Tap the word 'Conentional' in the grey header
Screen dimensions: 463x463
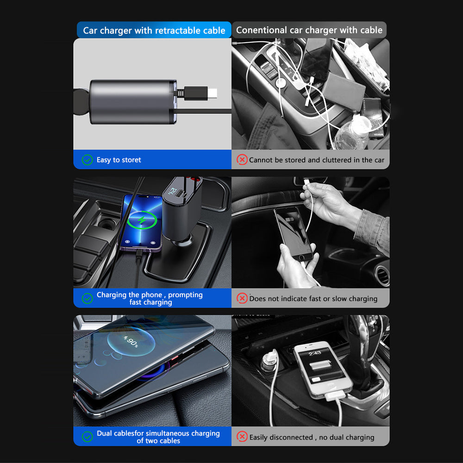261,30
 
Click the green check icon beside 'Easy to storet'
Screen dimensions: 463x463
87,160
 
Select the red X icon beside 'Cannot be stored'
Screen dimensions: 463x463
242,160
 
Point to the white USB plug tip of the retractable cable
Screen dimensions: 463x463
213,94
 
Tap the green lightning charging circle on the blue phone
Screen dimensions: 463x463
142,220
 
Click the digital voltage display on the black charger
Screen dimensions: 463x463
172,191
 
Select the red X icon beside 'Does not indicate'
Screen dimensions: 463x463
242,298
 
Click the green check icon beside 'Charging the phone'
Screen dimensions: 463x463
87,298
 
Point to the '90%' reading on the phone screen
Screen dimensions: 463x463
131,341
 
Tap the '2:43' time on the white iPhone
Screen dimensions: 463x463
315,353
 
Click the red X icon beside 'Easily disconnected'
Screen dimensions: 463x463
242,437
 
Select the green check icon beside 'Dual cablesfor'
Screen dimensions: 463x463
87,437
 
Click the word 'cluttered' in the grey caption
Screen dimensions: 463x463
337,160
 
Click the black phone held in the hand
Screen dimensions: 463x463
293,233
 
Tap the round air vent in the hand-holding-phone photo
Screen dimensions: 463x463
383,275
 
